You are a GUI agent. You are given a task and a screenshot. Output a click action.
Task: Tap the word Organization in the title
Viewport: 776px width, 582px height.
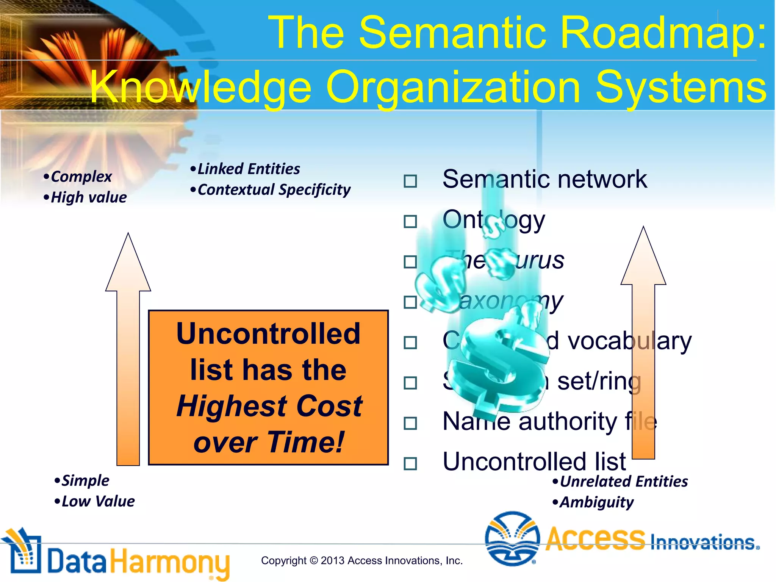[453, 88]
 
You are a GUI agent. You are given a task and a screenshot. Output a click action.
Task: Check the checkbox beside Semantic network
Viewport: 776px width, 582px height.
[410, 181]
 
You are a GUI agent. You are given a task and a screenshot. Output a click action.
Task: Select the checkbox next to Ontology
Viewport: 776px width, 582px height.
[410, 221]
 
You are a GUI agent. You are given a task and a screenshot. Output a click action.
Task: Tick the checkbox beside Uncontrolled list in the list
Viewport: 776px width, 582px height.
[410, 463]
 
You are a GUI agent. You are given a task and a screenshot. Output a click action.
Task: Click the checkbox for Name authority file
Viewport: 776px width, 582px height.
[410, 423]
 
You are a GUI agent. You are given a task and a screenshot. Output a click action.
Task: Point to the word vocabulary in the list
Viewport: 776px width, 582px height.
[629, 341]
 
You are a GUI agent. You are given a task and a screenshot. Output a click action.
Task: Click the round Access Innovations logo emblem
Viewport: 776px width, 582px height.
[512, 538]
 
